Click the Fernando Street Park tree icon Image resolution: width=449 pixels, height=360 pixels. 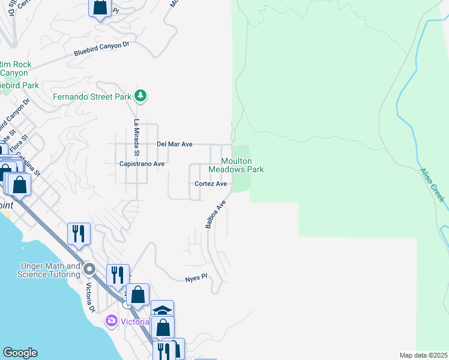(140, 95)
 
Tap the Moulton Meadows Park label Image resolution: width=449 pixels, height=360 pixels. (243, 165)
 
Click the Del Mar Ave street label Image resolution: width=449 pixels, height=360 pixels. (174, 144)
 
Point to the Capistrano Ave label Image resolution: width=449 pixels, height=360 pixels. (142, 164)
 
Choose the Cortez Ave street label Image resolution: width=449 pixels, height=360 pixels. (210, 184)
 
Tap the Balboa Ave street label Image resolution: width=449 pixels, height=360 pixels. (215, 214)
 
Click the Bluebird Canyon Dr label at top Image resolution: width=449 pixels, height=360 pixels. (102, 49)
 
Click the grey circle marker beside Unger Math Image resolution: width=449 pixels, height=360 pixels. (90, 268)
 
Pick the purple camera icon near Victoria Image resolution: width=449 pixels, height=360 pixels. (110, 321)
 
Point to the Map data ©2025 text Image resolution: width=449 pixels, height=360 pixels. (424, 355)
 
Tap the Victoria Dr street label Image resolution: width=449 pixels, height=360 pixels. (91, 297)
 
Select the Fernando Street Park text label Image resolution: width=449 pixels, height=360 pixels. (92, 96)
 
